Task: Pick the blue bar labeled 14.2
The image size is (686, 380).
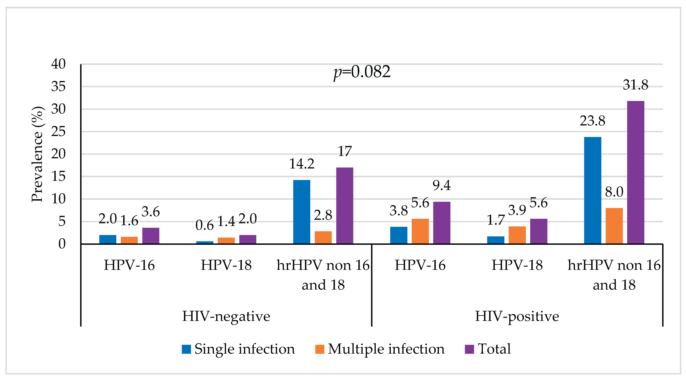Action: pos(301,212)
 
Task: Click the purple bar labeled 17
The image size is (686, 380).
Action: pos(345,205)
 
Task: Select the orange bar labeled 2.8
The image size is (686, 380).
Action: pos(323,237)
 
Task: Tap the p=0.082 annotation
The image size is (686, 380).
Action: pos(362,72)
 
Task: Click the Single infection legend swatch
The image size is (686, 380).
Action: pos(186,349)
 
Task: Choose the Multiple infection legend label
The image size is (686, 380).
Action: pos(386,349)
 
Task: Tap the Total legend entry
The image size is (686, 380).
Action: pos(494,349)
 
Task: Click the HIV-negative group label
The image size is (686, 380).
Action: pos(226,316)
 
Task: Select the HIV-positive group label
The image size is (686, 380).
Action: pos(517,316)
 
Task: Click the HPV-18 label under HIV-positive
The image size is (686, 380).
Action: pos(517,265)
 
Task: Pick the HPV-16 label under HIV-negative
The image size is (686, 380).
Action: pos(129,265)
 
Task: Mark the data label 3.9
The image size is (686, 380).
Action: pos(517,210)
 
